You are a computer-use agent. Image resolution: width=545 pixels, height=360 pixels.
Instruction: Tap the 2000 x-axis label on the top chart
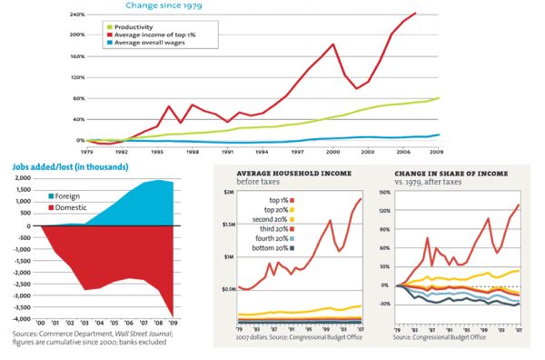click(x=332, y=152)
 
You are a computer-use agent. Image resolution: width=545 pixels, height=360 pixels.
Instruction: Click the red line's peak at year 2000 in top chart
click(x=333, y=45)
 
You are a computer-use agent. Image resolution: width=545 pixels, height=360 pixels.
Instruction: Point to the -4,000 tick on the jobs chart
click(x=21, y=319)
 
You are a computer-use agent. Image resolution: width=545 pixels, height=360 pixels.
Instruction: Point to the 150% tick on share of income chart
click(x=382, y=193)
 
